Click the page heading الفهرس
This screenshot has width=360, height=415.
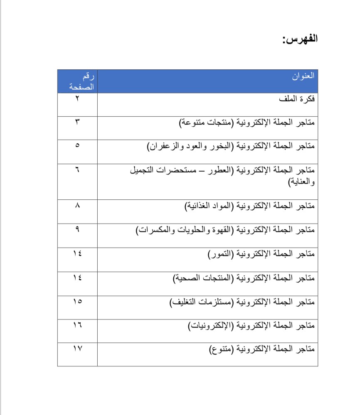coord(300,39)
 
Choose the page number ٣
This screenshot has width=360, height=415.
coord(78,122)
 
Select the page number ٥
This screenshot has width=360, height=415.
coord(78,146)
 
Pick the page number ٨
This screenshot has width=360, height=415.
coord(78,205)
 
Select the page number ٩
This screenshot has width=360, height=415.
coord(78,229)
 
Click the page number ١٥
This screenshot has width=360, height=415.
coord(78,301)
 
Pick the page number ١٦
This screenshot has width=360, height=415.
coord(78,325)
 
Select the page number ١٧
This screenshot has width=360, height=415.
coord(78,349)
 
